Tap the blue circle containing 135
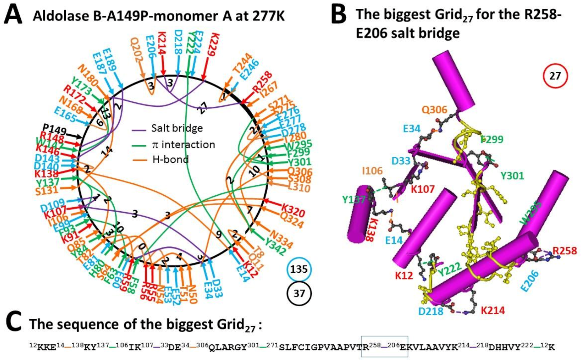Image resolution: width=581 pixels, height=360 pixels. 299,269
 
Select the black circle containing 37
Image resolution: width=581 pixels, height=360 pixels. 299,293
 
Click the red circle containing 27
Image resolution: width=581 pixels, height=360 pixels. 555,76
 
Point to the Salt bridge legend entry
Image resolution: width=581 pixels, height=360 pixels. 177,128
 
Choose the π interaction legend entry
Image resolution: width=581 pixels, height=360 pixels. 183,145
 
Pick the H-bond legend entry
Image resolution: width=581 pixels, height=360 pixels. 171,160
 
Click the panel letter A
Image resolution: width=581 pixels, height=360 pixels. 13,15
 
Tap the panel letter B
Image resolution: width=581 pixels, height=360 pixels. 339,15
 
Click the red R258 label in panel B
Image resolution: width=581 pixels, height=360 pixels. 564,251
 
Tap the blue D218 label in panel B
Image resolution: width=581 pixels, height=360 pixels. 431,311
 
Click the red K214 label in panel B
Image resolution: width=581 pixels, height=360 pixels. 493,311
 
